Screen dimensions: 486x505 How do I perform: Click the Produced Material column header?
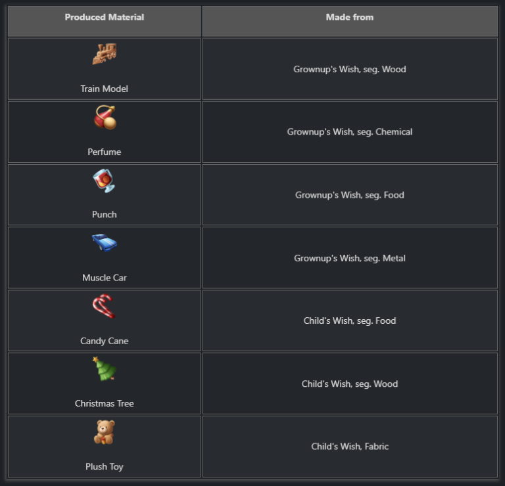point(104,18)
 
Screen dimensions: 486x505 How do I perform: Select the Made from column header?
point(349,18)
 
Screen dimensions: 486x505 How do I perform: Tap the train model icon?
point(104,54)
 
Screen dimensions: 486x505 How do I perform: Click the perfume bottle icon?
point(105,118)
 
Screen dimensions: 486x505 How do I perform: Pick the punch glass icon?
point(104,181)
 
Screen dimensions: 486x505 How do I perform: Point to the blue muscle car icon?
point(104,243)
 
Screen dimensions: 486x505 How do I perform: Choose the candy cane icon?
point(104,306)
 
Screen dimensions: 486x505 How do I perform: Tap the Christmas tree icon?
point(104,369)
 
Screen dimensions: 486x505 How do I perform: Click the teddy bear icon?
point(104,432)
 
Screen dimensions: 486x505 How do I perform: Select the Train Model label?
point(104,89)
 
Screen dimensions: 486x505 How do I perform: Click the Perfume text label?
point(104,152)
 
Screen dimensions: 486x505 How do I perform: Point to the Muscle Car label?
point(104,278)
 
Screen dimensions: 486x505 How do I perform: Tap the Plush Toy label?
point(104,467)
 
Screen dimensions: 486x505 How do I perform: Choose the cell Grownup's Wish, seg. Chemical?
point(349,132)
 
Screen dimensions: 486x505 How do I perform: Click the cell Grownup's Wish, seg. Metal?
point(349,258)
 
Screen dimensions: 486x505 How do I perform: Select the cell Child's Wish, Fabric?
point(349,447)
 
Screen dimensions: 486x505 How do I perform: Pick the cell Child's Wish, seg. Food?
point(349,321)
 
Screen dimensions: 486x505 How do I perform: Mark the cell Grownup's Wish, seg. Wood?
point(349,69)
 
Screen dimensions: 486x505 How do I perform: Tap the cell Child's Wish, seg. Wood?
point(349,384)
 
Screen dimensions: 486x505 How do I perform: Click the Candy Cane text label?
point(104,341)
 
